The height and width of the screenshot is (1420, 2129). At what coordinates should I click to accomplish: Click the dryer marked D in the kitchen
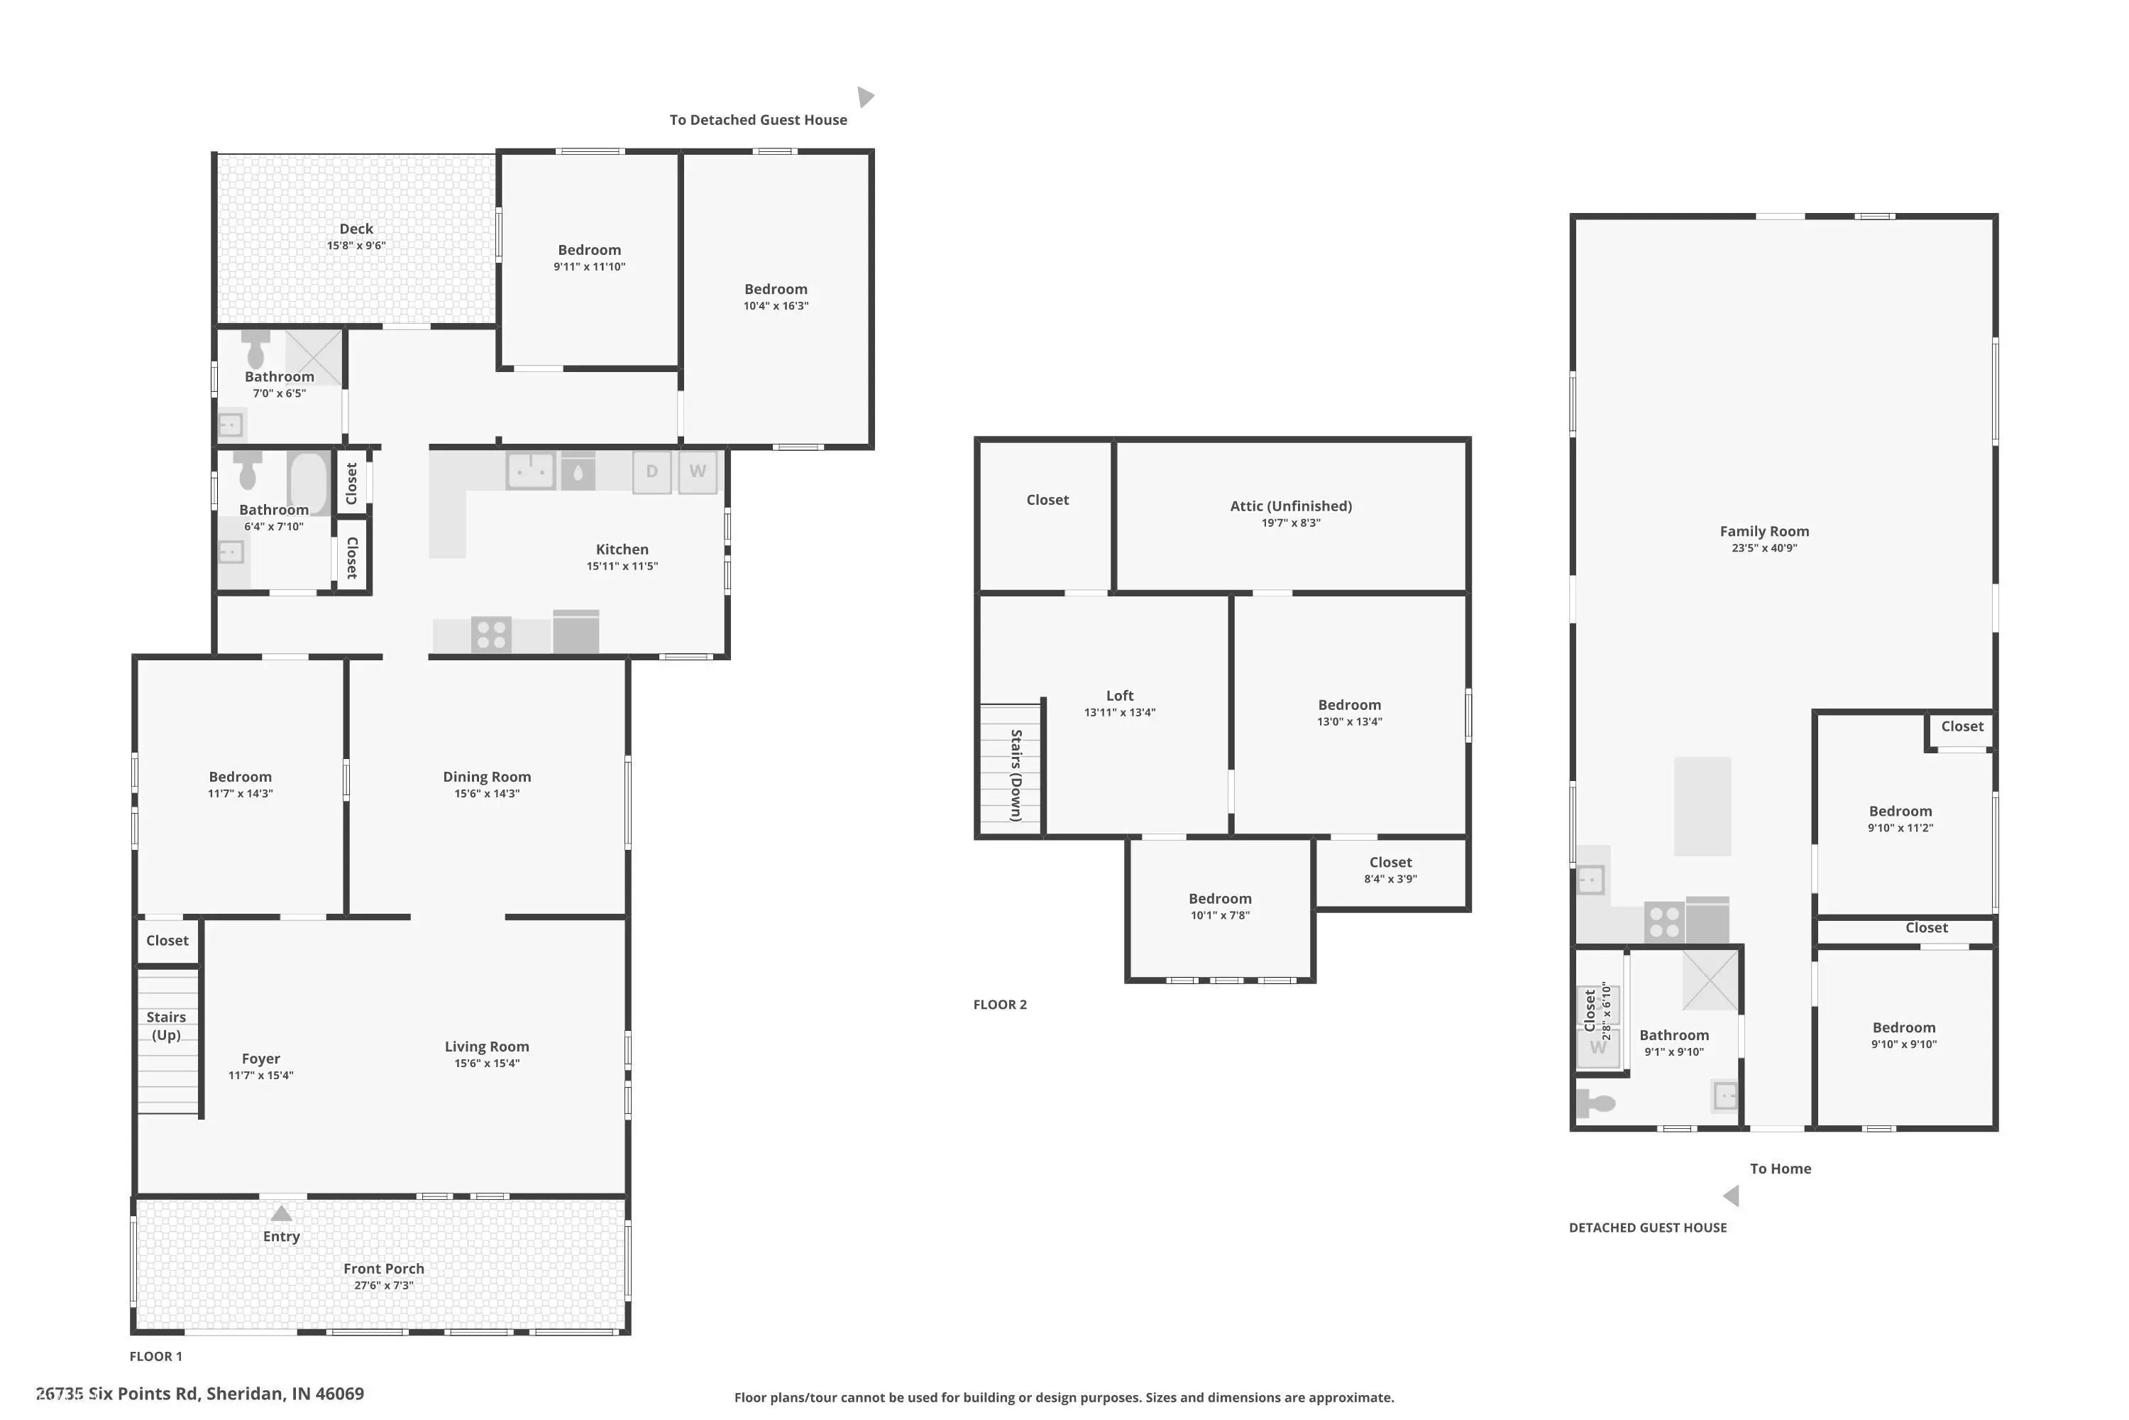point(651,472)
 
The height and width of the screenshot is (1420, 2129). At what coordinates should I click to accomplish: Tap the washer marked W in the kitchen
point(698,472)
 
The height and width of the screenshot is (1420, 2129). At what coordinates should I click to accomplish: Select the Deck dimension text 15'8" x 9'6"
point(357,246)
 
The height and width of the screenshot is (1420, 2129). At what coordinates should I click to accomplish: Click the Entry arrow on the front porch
point(282,1213)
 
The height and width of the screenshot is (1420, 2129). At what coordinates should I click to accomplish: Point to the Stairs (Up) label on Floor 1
point(167,1026)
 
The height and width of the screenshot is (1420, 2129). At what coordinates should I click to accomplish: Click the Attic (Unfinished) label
point(1291,506)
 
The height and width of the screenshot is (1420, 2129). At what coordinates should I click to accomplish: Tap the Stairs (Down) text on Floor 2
point(1016,775)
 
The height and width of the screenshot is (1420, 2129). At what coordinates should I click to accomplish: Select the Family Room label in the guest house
point(1764,532)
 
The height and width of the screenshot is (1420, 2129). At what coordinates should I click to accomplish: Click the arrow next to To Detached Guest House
point(865,97)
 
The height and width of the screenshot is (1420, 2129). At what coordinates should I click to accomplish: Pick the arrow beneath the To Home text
point(1732,1196)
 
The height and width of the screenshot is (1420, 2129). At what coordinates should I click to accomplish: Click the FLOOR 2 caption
point(1000,1005)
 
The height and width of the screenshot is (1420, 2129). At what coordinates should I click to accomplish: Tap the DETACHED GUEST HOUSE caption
point(1647,1228)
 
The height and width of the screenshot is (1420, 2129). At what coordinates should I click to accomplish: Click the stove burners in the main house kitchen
point(492,634)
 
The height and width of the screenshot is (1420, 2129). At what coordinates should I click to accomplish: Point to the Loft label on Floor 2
point(1120,696)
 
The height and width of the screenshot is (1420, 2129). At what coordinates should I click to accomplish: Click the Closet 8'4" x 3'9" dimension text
point(1390,878)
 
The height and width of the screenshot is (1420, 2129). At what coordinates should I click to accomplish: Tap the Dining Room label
point(487,777)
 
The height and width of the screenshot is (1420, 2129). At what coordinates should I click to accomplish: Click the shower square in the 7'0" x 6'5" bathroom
point(314,358)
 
